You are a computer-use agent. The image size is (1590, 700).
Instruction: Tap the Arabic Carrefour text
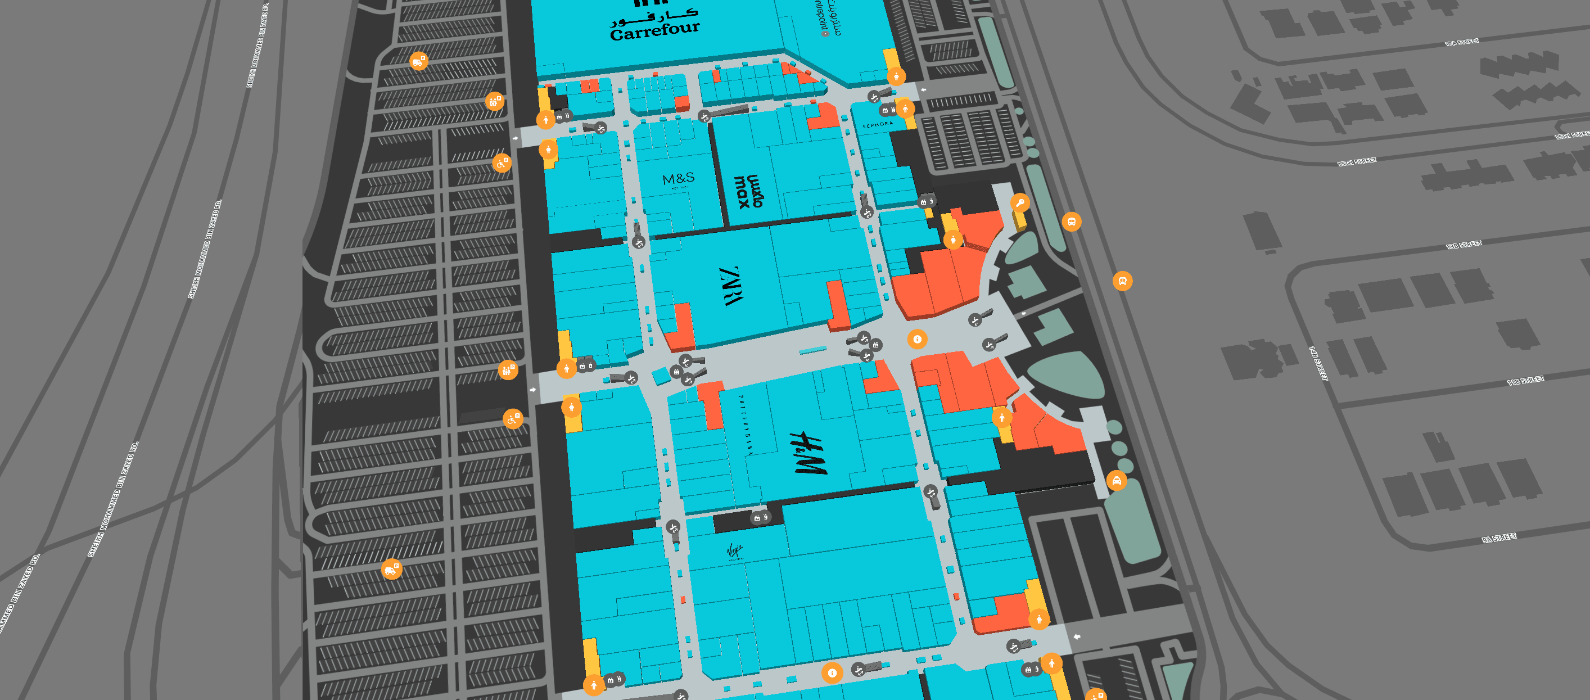(x=654, y=15)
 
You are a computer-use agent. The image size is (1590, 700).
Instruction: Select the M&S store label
(x=679, y=179)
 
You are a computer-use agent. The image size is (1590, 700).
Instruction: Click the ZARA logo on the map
(x=732, y=286)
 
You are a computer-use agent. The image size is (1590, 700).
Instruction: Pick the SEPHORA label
(x=878, y=124)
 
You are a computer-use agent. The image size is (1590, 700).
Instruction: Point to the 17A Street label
(x=1462, y=42)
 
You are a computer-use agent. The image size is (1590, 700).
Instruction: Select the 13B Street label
(x=1463, y=245)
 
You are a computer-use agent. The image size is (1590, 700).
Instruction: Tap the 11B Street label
(x=1525, y=380)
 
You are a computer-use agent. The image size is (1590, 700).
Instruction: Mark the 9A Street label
(x=1499, y=538)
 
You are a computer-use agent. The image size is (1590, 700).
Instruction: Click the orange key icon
(x=1020, y=202)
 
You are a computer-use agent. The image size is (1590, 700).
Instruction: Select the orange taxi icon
(x=1116, y=480)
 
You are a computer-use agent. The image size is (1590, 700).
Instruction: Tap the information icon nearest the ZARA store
(x=917, y=339)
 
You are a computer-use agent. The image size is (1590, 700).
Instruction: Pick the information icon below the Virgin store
(x=832, y=673)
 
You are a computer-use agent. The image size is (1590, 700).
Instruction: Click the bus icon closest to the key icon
(x=1071, y=221)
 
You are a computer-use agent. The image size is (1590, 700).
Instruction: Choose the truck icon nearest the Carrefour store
(x=418, y=61)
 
